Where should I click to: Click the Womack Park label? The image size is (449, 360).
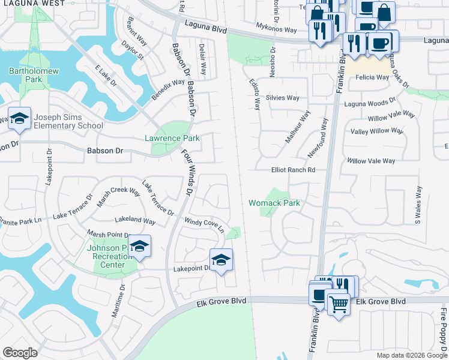274,203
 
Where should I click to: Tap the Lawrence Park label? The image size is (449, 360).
172,138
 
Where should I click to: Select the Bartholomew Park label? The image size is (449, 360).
25,75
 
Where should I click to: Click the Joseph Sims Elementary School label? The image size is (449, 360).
68,121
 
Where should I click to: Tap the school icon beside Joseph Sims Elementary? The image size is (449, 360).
19,119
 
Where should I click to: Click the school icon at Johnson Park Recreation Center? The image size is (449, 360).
139,246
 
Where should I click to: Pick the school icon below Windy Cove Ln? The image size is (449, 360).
221,260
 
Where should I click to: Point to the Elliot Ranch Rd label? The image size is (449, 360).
293,170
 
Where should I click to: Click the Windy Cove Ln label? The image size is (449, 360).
204,226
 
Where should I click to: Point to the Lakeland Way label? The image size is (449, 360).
135,221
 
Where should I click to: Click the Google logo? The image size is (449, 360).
20,353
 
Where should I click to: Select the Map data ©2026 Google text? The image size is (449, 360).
411,355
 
